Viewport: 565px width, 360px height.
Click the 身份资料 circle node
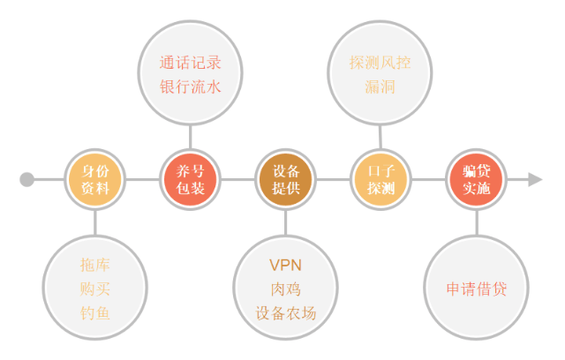tap(95, 179)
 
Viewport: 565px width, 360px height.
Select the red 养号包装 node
tap(191, 179)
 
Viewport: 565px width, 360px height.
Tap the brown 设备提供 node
tap(286, 179)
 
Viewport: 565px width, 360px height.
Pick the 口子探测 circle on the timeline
tap(380, 179)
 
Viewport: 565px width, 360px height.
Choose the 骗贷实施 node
tap(477, 179)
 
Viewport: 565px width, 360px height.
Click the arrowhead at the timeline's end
tap(535, 179)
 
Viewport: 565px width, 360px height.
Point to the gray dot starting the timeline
tap(27, 179)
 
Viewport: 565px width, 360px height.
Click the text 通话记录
tap(191, 63)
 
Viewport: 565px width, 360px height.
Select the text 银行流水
tap(191, 86)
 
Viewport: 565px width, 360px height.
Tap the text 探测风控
tap(380, 63)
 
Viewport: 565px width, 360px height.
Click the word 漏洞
tap(380, 86)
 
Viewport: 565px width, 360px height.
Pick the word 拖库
tap(95, 265)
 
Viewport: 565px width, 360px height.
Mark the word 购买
tap(95, 289)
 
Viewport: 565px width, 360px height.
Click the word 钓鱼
tap(95, 313)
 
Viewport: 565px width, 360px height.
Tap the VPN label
tap(285, 266)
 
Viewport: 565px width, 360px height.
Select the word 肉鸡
tap(286, 289)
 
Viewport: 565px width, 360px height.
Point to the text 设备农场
tap(286, 313)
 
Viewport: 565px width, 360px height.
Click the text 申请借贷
tap(477, 289)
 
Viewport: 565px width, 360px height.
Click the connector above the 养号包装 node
tap(191, 137)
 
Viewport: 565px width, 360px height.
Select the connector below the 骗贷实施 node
tap(477, 223)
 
